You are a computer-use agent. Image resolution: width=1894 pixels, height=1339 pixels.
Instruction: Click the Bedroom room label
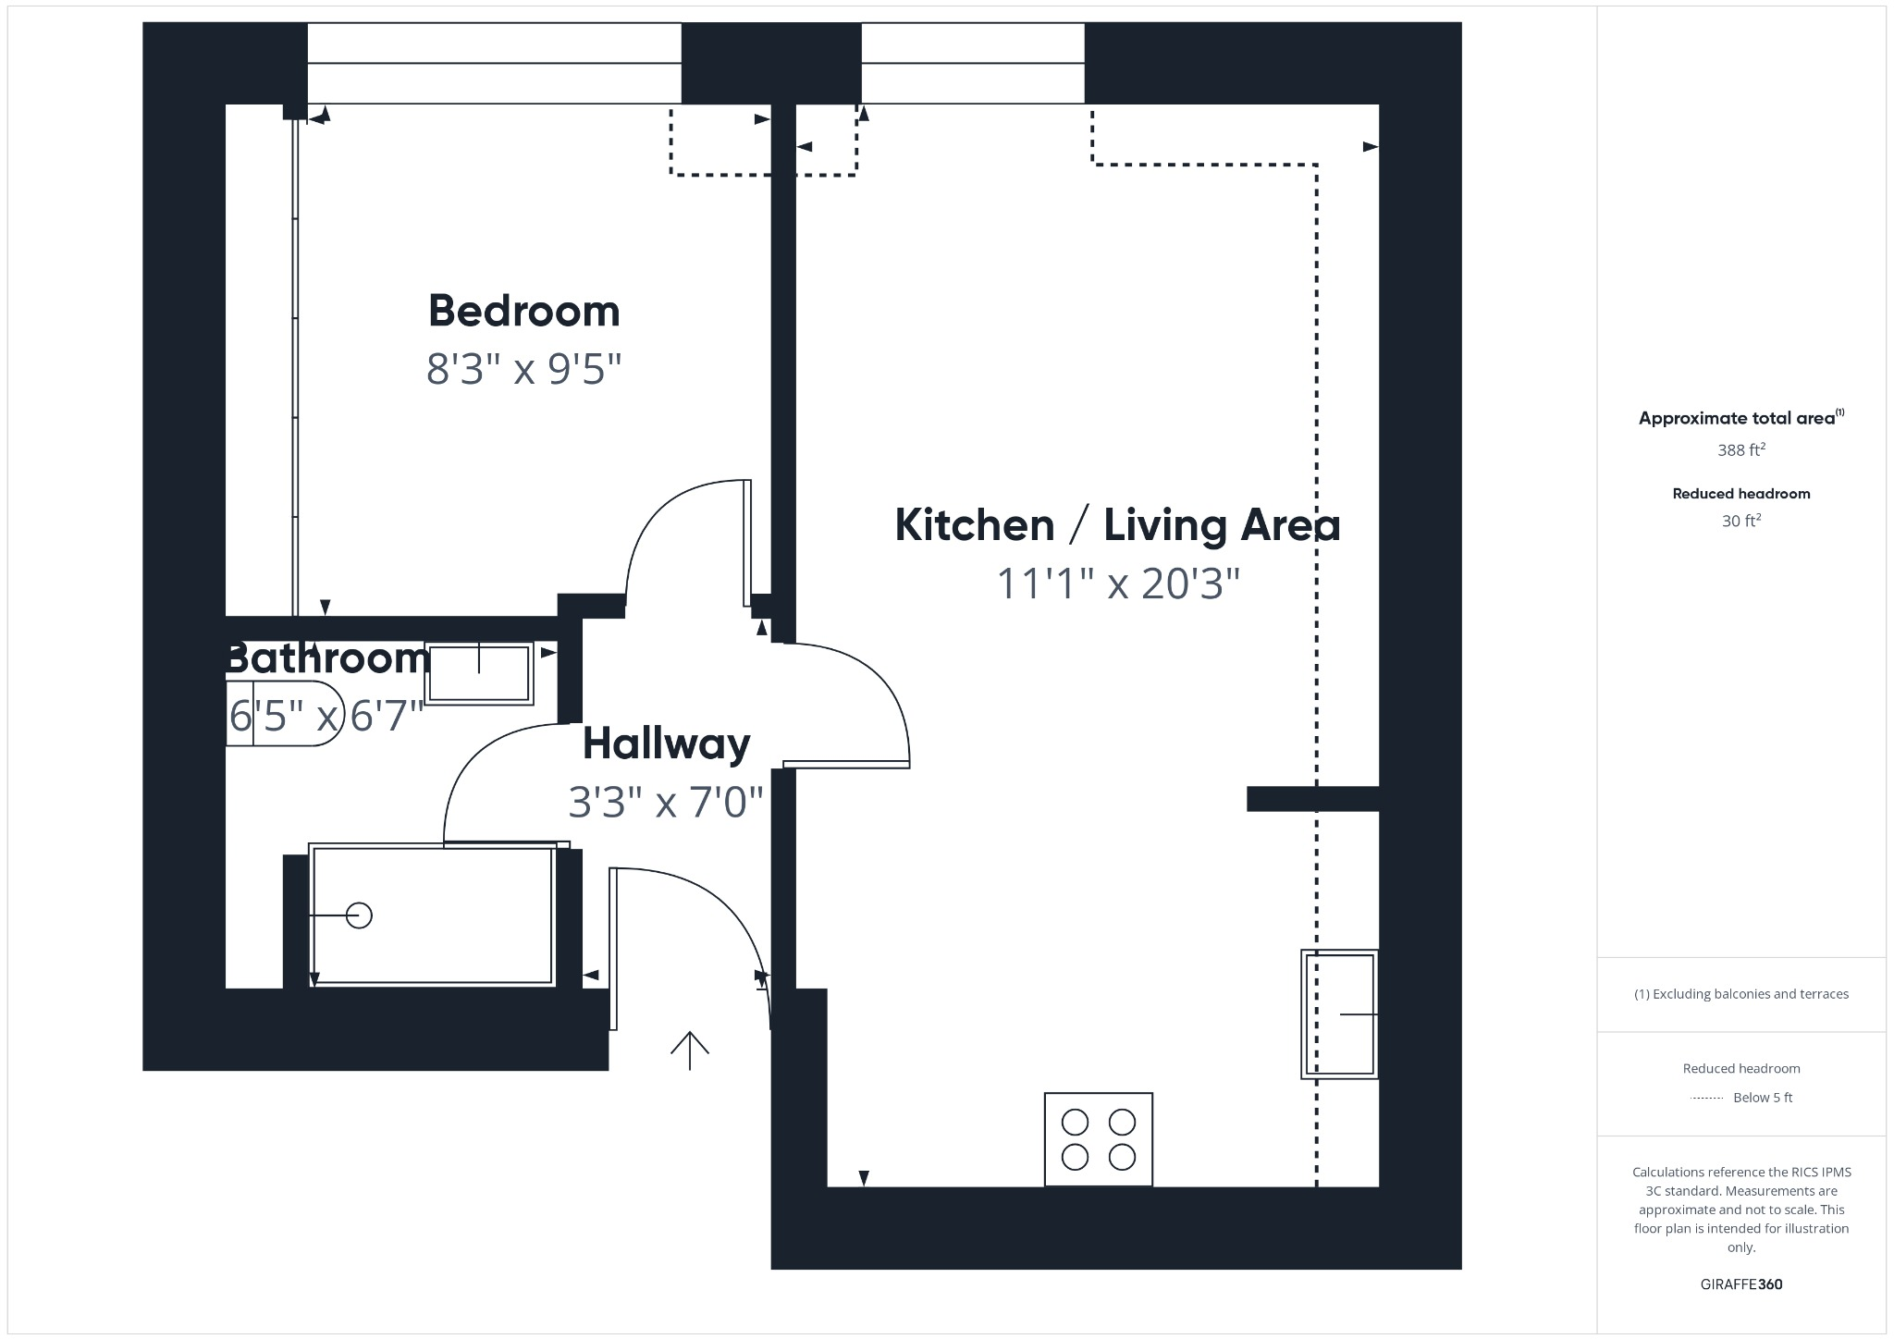click(x=523, y=312)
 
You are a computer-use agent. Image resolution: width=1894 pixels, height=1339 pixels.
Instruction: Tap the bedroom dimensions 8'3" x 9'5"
click(x=523, y=369)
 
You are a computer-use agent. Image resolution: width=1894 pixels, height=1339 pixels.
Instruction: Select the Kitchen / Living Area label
click(x=1117, y=525)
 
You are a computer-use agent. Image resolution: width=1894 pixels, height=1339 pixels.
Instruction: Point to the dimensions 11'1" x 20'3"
click(x=1117, y=584)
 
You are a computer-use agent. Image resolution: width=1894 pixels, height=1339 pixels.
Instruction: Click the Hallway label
click(x=666, y=743)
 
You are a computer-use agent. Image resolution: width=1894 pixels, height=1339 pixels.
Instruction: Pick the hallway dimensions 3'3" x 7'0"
click(x=666, y=802)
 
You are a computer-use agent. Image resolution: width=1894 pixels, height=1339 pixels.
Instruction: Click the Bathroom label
click(x=328, y=658)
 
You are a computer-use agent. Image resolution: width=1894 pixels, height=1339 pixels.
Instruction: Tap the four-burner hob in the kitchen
click(x=1098, y=1139)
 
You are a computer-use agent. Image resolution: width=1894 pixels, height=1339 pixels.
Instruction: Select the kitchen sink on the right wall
click(x=1340, y=1013)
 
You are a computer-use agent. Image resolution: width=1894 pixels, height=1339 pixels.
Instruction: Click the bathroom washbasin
click(x=479, y=673)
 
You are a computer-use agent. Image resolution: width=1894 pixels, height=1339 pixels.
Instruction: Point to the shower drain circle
click(x=359, y=915)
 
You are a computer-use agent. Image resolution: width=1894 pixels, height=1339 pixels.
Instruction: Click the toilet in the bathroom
click(x=277, y=714)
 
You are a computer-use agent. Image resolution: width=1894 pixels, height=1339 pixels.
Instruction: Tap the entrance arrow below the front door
click(x=690, y=1050)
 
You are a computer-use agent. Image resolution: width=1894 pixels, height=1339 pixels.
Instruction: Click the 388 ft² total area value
click(x=1741, y=450)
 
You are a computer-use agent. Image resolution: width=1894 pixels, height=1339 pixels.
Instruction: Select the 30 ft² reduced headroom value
click(x=1741, y=522)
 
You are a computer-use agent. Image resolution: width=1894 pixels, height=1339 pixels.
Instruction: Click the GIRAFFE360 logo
click(x=1741, y=1284)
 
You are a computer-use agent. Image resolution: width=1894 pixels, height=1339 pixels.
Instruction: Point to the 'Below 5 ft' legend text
click(x=1762, y=1098)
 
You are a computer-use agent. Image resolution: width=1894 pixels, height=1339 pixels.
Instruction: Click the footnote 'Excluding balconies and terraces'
click(x=1741, y=994)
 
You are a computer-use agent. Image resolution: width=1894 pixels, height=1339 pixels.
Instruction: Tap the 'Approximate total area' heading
click(x=1737, y=418)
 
